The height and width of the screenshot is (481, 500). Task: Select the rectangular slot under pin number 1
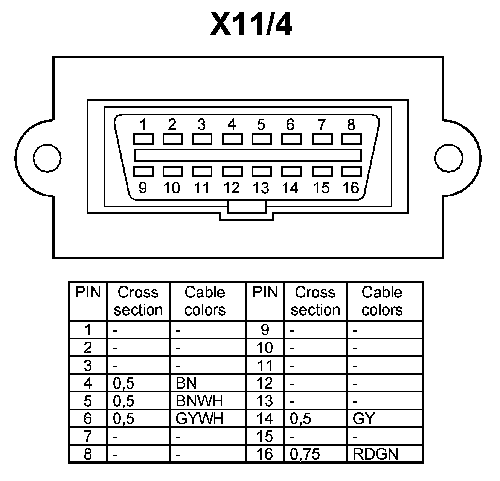[143, 139]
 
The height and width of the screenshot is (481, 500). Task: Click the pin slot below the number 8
[352, 139]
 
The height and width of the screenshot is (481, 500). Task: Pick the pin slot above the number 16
[352, 172]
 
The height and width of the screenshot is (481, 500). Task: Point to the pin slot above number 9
[143, 172]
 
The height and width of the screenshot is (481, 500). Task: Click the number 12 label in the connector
[231, 188]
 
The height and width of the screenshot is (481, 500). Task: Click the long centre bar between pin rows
[248, 155]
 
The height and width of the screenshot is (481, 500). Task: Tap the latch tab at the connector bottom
[247, 207]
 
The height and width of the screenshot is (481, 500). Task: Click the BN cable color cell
[186, 383]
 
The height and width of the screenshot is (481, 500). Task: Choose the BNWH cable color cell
[199, 401]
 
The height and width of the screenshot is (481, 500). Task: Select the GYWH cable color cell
[200, 418]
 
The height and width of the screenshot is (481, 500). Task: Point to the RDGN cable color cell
[375, 454]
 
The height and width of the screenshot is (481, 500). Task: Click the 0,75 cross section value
[305, 454]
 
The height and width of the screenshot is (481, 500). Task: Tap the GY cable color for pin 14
[364, 418]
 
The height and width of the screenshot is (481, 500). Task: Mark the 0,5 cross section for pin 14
[300, 418]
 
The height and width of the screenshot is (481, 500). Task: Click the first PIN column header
[88, 293]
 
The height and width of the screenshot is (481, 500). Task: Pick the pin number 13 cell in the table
[265, 401]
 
